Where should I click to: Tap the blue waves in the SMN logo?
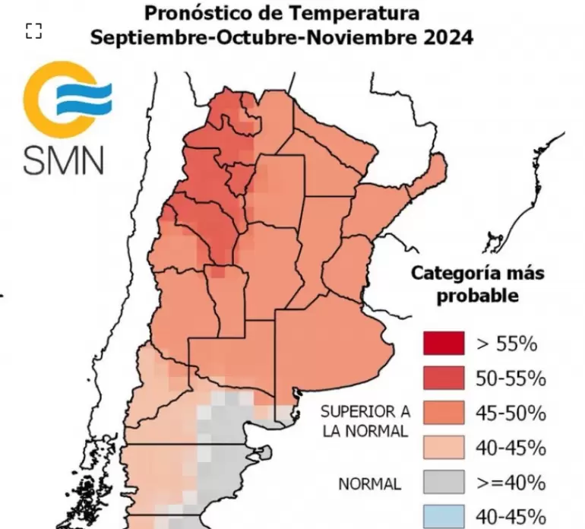85,98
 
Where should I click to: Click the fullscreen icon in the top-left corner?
33,30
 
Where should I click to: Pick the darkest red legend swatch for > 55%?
444,344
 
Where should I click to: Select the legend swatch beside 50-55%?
444,378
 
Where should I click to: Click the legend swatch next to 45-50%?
444,413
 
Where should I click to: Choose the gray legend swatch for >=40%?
444,482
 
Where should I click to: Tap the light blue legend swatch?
444,515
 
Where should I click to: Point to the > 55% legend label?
507,344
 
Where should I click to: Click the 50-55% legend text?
511,378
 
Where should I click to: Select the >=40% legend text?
511,482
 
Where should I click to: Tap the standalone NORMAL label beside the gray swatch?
370,483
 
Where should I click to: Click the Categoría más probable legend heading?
477,284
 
